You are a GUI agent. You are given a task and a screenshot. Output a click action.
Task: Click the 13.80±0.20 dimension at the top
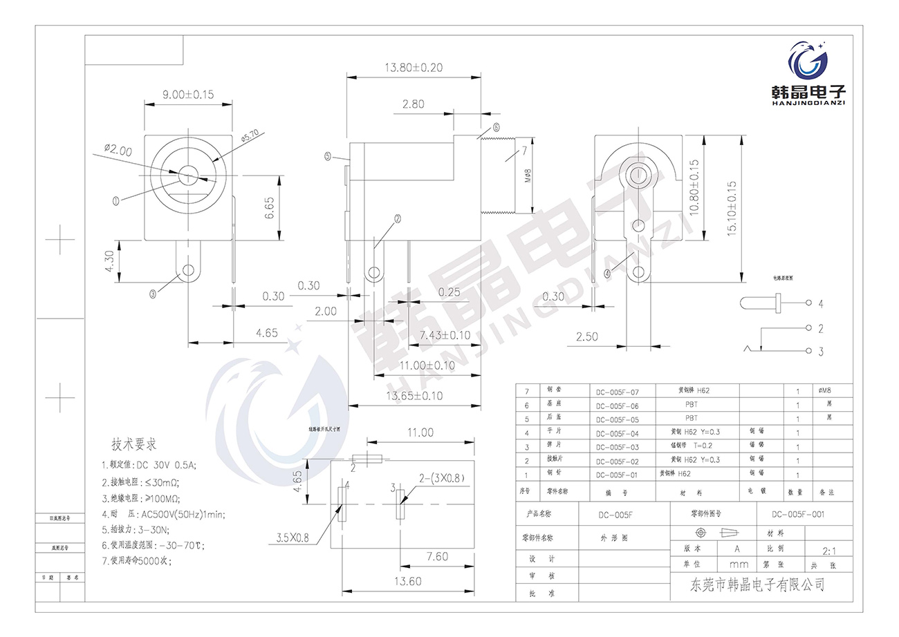click(414, 68)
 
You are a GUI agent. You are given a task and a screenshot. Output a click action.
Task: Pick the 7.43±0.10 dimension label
click(445, 335)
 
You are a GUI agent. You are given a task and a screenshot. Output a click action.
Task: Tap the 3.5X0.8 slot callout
click(293, 537)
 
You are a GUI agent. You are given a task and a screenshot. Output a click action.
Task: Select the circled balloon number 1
click(116, 200)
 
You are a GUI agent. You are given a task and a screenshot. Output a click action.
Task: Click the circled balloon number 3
click(153, 293)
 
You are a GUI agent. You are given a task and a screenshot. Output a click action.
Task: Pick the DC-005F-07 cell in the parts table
click(618, 391)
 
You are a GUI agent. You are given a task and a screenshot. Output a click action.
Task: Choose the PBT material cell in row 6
click(691, 405)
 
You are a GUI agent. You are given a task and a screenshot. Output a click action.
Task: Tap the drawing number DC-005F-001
click(798, 514)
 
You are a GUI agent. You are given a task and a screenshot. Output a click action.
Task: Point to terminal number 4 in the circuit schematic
click(821, 304)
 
